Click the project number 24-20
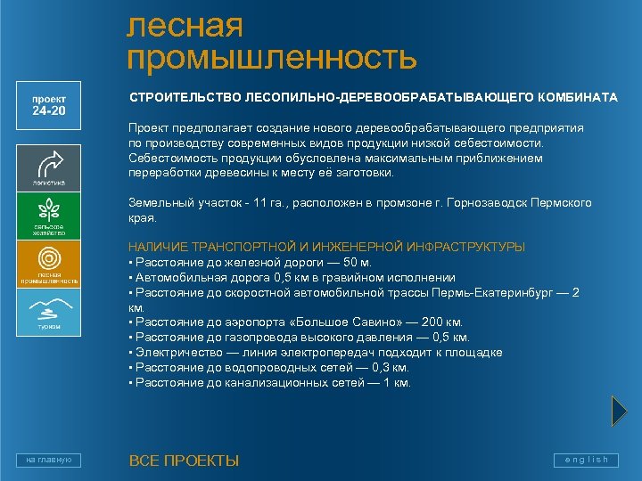coord(49,111)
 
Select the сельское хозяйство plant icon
coord(49,211)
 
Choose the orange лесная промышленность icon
coord(49,259)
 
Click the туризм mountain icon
coord(49,308)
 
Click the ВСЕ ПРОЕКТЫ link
coord(184,461)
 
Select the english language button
coord(586,460)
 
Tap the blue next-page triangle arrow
coord(620,411)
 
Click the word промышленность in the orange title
coord(272,58)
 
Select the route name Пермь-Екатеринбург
coord(493,292)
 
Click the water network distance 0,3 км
coord(389,367)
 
